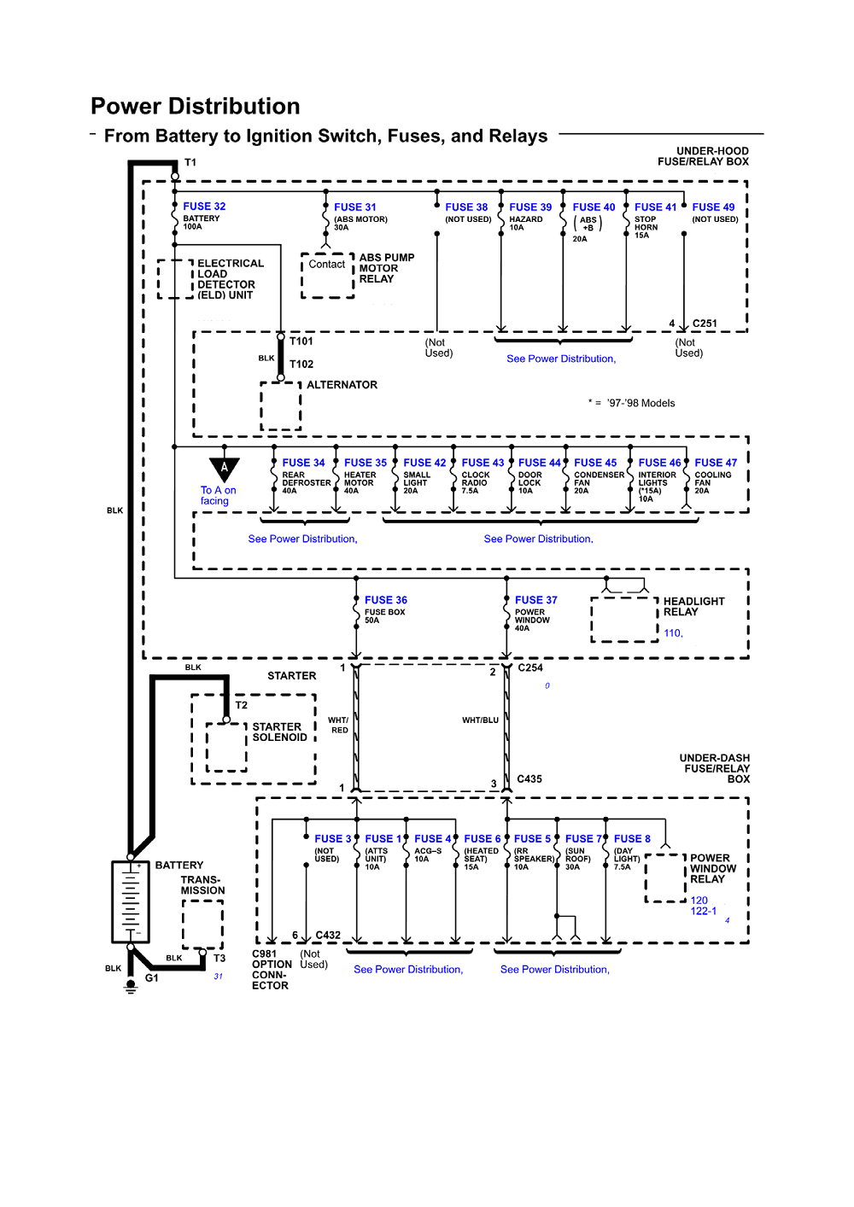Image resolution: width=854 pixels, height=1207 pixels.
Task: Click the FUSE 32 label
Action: (x=204, y=207)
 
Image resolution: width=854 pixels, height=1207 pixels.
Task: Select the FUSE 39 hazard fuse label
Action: (x=530, y=207)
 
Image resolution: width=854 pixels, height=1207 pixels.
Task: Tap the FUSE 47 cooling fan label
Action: (x=716, y=463)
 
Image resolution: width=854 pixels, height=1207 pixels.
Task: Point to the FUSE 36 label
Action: (x=385, y=600)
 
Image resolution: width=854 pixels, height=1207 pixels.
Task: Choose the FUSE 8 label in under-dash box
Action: (x=632, y=839)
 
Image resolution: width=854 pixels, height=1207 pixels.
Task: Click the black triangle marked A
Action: (x=225, y=469)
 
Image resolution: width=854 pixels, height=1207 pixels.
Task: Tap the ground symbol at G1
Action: (x=131, y=986)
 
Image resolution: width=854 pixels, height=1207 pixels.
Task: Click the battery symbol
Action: (x=131, y=901)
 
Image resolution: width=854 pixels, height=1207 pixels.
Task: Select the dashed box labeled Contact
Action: (x=327, y=275)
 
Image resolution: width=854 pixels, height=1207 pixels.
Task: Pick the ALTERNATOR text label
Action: (x=342, y=385)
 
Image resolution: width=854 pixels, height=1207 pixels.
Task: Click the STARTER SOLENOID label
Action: (x=279, y=732)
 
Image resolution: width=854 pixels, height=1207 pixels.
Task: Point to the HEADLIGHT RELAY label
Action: (x=693, y=607)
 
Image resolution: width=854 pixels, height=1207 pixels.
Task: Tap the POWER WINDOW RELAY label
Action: (x=712, y=869)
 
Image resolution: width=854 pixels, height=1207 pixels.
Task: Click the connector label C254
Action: (x=530, y=668)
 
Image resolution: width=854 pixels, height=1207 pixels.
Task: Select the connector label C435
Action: (x=529, y=779)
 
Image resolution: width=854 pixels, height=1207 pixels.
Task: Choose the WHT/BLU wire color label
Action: (x=480, y=720)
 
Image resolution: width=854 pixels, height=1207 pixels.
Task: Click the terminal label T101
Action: (x=301, y=341)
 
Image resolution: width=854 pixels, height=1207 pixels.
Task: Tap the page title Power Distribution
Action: (x=196, y=107)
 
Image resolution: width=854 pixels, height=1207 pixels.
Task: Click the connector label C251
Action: (x=705, y=324)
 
